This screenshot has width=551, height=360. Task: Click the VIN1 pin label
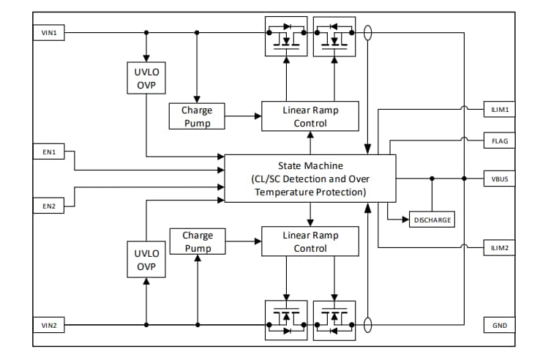[x=49, y=32]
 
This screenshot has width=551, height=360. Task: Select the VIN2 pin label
[x=49, y=325]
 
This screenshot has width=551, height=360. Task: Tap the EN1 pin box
[x=49, y=152]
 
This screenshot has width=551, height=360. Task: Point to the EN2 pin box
[x=49, y=206]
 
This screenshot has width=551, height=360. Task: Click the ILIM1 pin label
[x=501, y=110]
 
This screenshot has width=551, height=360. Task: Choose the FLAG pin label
[x=501, y=141]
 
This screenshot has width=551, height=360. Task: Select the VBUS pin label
[x=501, y=179]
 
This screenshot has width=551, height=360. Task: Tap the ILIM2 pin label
[x=501, y=248]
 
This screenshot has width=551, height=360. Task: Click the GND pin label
[x=501, y=325]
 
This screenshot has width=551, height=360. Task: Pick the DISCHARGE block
[x=432, y=220]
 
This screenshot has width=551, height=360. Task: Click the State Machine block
[x=310, y=179]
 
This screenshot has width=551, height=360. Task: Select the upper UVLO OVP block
[x=146, y=78]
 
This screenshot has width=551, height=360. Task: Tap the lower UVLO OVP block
[x=146, y=260]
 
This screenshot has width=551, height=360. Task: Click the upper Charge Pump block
[x=198, y=116]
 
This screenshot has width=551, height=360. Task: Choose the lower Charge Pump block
[x=198, y=241]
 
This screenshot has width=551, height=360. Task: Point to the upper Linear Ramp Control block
[x=310, y=116]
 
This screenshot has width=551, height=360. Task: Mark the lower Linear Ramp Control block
[x=310, y=241]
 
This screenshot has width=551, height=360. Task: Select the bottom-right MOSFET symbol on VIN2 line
[x=334, y=320]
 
